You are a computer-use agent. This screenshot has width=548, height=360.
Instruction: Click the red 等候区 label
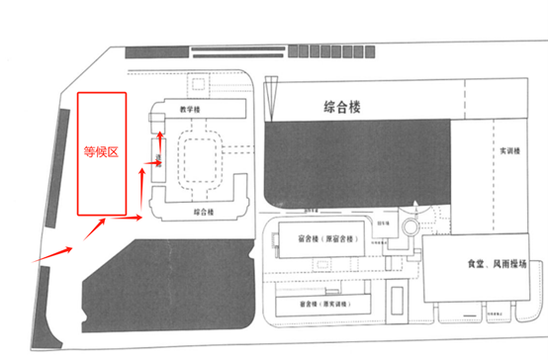tap(102, 153)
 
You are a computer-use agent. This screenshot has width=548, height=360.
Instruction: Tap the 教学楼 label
tap(178, 109)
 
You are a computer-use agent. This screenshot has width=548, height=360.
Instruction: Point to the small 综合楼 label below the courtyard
tap(178, 212)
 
